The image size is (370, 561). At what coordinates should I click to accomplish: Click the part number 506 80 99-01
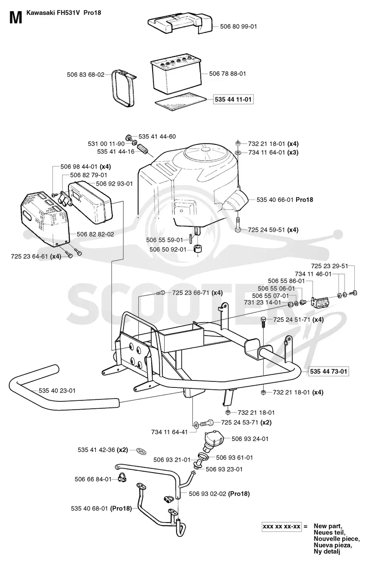[x=238, y=26]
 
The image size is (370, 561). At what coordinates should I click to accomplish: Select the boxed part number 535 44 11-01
[x=233, y=100]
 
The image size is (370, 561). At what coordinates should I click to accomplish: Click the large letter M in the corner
[x=16, y=18]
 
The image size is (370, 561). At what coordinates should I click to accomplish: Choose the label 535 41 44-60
[x=157, y=137]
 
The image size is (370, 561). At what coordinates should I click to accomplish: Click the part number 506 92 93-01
[x=114, y=184]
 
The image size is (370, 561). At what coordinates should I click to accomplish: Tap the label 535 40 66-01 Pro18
[x=285, y=199]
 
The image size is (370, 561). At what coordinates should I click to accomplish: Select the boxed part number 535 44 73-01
[x=328, y=371]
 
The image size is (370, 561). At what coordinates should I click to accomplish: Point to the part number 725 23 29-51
[x=329, y=266]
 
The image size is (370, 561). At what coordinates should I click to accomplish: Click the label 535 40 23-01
[x=57, y=391]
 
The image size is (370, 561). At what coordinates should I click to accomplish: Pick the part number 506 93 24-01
[x=250, y=439]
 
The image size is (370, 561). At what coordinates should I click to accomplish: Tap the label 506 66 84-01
[x=93, y=479]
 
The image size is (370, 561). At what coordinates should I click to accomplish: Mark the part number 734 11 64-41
[x=169, y=432]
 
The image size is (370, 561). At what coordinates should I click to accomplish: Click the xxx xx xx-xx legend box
[x=282, y=526]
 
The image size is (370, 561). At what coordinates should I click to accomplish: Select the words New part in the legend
[x=328, y=526]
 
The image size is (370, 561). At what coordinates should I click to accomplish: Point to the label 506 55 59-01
[x=165, y=240]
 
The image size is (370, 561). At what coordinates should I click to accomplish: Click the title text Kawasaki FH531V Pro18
[x=64, y=13]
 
